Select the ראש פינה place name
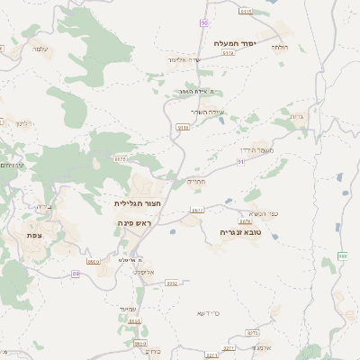(131, 221)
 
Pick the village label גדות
(297, 117)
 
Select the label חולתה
(279, 46)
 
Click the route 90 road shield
(204, 22)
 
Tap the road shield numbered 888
(342, 256)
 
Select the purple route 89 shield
(76, 274)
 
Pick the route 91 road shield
(240, 161)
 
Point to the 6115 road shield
(245, 11)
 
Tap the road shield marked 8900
(139, 343)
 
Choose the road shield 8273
(228, 346)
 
